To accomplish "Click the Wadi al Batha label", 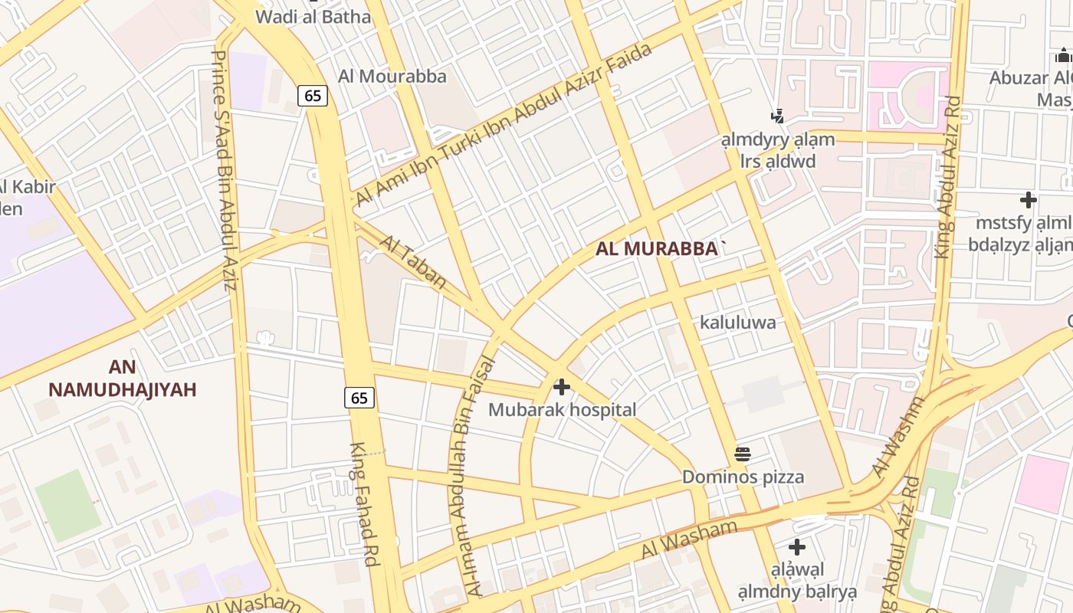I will (x=313, y=16).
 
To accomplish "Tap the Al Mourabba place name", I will (x=392, y=77).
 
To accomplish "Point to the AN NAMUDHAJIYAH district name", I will (x=123, y=379).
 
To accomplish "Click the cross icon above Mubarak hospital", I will (x=562, y=387).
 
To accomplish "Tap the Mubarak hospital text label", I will (x=562, y=410).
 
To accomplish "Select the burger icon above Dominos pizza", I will (x=742, y=454).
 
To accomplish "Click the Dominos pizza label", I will (x=743, y=477).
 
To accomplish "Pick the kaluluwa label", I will (x=737, y=323).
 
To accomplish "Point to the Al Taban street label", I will (x=413, y=263).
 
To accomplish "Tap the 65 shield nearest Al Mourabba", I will (x=313, y=96).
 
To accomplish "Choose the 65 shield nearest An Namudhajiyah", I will (x=359, y=397).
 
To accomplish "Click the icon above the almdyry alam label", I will (x=778, y=116).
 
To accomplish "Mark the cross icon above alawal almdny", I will (x=797, y=547).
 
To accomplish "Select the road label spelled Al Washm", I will (x=894, y=437).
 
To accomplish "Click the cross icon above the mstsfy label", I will (x=1028, y=201).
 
